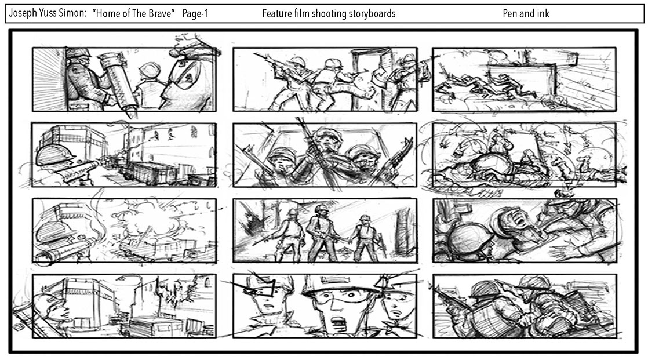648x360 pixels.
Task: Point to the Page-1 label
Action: [x=195, y=14]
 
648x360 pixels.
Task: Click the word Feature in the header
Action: [x=277, y=14]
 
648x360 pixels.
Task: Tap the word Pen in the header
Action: [x=509, y=14]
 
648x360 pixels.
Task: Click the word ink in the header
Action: [x=543, y=14]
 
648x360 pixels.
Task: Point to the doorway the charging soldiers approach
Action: [x=370, y=78]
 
